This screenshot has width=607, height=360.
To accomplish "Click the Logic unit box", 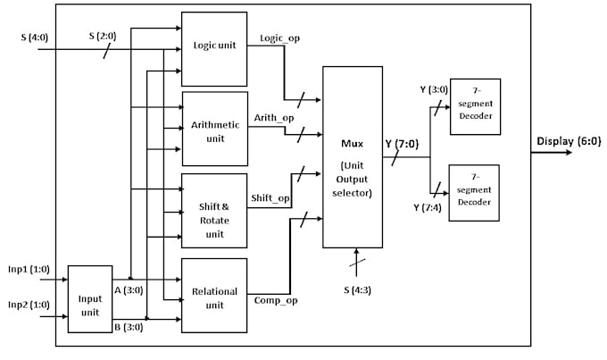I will click(x=214, y=46).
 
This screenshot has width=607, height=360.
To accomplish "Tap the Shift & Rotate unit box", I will click(x=214, y=211).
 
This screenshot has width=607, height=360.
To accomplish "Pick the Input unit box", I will click(x=90, y=299).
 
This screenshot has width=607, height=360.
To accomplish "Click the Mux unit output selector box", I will click(x=356, y=156).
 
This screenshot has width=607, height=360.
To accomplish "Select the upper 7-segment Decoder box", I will click(x=474, y=106).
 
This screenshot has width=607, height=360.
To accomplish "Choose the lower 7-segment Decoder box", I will click(x=474, y=192).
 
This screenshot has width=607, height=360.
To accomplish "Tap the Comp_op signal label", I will click(x=276, y=300).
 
